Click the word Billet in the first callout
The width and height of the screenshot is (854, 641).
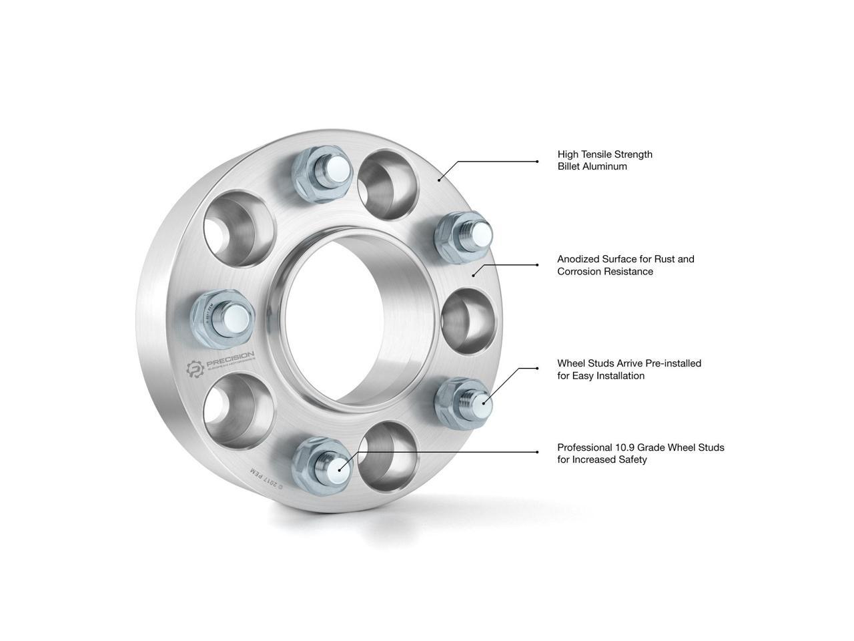point(569,166)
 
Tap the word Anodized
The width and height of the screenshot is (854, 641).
point(578,258)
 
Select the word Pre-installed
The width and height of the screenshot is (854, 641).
point(674,363)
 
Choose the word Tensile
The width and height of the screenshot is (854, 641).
point(599,154)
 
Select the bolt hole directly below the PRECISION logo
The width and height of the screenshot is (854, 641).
point(237,411)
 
